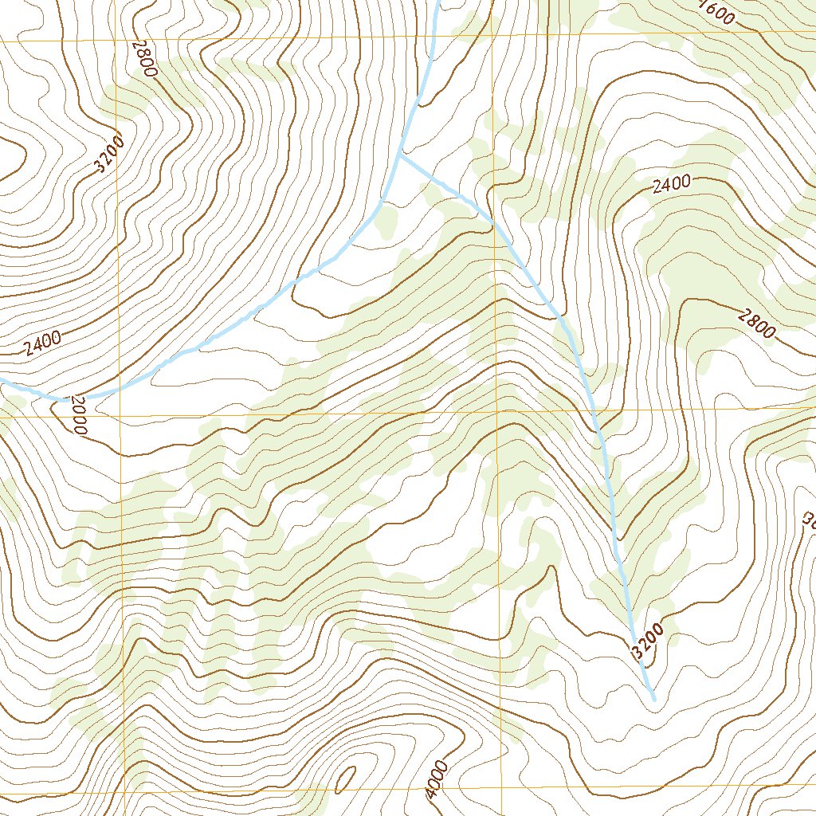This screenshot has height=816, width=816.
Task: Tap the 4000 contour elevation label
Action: [x=437, y=779]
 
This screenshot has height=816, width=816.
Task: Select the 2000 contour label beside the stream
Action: [x=76, y=414]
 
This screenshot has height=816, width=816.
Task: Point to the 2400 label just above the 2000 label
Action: [x=42, y=343]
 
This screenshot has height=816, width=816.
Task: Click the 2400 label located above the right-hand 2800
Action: [x=670, y=185]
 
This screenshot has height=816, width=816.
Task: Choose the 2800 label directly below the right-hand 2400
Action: [x=756, y=324]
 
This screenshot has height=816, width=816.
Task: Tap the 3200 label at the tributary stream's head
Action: [x=645, y=641]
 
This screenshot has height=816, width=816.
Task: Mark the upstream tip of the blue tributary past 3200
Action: [x=653, y=699]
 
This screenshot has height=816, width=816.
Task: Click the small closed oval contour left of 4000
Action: [x=346, y=779]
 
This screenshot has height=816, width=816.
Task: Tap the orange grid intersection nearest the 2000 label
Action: [x=119, y=416]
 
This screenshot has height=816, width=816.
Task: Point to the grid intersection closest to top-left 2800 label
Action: [x=116, y=38]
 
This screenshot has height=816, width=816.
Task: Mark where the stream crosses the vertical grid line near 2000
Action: [x=119, y=389]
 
